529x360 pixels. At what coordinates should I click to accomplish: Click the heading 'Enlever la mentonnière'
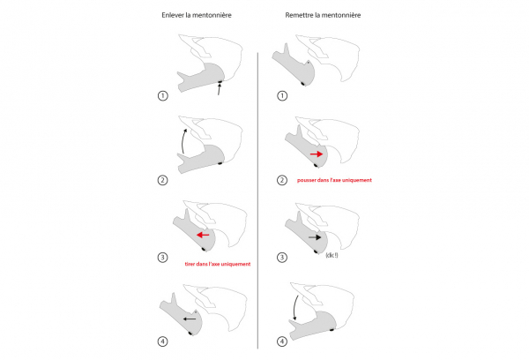tap(197, 15)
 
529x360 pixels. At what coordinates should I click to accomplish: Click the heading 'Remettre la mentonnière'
tap(323, 15)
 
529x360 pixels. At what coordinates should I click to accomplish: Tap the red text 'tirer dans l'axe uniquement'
tap(218, 264)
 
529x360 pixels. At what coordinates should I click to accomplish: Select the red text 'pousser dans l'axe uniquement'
tap(334, 180)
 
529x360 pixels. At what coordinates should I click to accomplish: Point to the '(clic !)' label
tap(332, 255)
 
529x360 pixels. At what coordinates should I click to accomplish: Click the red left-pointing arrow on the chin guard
tap(203, 235)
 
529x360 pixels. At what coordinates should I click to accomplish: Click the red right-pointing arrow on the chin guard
tap(317, 154)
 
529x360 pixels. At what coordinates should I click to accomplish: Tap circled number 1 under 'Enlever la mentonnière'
tap(162, 96)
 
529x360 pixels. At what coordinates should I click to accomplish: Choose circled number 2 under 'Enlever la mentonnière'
tap(162, 180)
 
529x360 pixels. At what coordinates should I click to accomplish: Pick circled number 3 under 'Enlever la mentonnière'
tap(162, 258)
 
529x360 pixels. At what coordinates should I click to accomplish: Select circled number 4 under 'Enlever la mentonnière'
tap(162, 341)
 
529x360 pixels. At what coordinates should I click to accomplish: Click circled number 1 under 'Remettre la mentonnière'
tap(282, 96)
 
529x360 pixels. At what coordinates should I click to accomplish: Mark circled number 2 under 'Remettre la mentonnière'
tap(282, 180)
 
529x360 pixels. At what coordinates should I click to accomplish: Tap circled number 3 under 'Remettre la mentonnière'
tap(282, 258)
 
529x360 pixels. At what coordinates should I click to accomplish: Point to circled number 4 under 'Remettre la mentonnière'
tap(282, 341)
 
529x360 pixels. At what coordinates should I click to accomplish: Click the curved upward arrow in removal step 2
tap(183, 140)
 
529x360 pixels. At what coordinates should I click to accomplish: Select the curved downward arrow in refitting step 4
tap(294, 307)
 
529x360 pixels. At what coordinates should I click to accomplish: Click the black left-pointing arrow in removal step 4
tap(190, 319)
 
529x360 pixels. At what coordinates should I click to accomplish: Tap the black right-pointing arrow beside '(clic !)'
tap(315, 237)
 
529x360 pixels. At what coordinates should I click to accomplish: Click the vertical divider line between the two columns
tap(257, 200)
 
